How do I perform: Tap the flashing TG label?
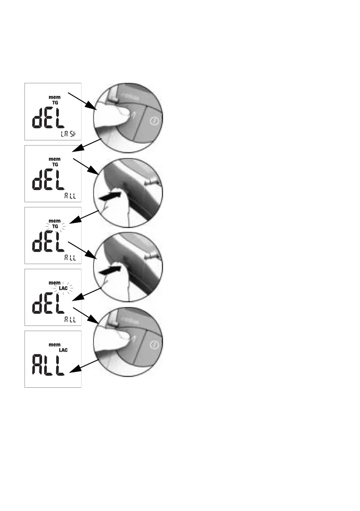coord(54,226)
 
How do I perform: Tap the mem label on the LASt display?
coord(54,97)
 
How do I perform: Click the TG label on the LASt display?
coord(54,103)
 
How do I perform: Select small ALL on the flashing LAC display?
coord(70,319)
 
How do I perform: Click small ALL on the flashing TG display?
coord(70,258)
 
